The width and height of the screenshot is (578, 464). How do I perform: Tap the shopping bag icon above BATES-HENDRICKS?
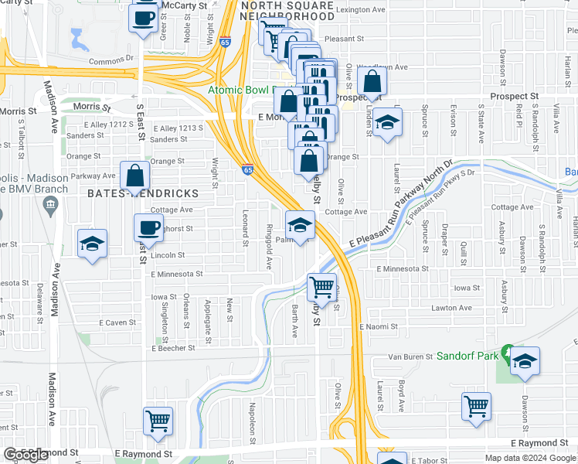click(x=134, y=176)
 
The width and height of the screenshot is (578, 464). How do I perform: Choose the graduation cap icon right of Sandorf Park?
click(x=525, y=361)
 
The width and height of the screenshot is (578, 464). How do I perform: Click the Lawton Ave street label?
click(x=451, y=308)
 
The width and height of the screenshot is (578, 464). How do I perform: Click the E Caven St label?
click(x=117, y=322)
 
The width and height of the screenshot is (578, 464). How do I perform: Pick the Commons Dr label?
click(x=111, y=59)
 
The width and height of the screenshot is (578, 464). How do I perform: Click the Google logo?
click(x=25, y=455)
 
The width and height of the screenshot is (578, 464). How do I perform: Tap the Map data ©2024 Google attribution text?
click(x=529, y=458)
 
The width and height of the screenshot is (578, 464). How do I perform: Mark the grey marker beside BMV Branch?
click(x=51, y=205)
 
